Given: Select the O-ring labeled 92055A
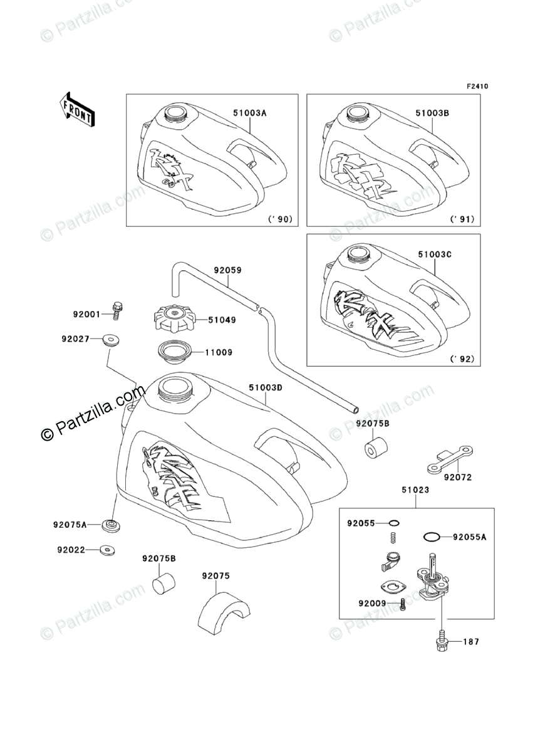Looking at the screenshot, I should tap(430, 537).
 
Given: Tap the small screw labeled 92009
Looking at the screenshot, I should tap(403, 604).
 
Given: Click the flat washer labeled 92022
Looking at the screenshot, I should tap(108, 551).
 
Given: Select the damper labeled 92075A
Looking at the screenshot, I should tap(112, 525).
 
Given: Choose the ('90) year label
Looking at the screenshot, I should tap(281, 219).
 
